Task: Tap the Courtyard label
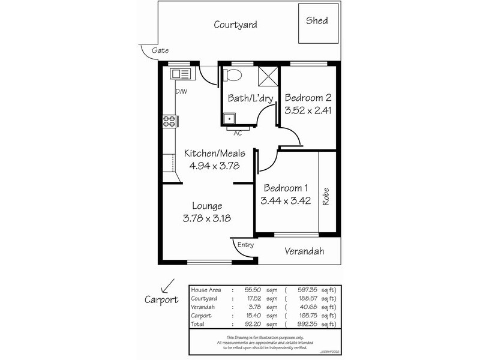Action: point(236,25)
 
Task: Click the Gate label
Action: point(159,50)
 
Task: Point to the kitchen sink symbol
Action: point(180,74)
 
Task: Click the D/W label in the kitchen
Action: point(181,91)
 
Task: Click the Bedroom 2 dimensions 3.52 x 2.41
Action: point(308,110)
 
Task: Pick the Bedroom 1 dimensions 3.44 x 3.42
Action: point(285,200)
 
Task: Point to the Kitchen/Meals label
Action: point(214,153)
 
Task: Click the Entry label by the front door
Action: point(246,245)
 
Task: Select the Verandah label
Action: point(304,251)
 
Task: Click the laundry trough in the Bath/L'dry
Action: point(229,118)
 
